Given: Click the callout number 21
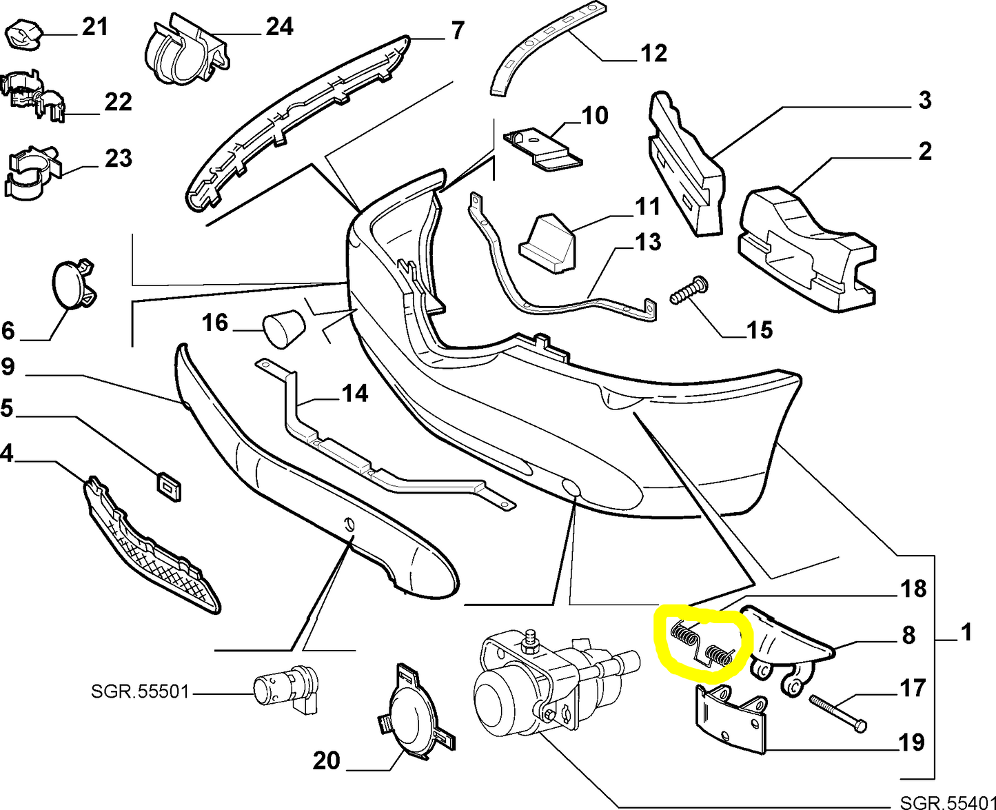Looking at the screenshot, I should (95, 27).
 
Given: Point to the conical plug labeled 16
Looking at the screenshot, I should (283, 327).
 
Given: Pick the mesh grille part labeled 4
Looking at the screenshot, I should (152, 545).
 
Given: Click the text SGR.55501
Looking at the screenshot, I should (139, 691).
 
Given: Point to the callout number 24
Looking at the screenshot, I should (279, 26).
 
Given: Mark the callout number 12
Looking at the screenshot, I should (653, 53).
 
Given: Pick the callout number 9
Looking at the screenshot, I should (8, 367).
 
